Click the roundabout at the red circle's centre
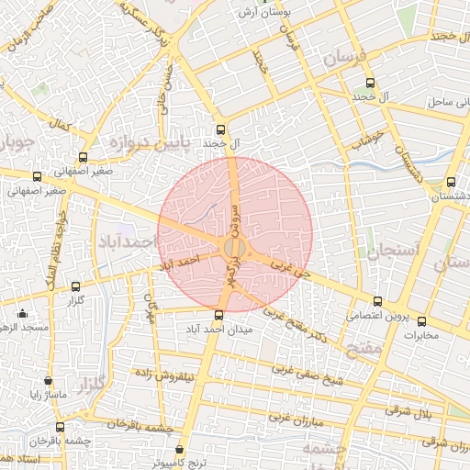point(234,246)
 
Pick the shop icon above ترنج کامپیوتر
point(192,448)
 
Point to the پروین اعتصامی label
point(377,315)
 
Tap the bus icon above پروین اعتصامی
point(377,301)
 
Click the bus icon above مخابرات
point(422,321)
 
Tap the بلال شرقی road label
point(408,412)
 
